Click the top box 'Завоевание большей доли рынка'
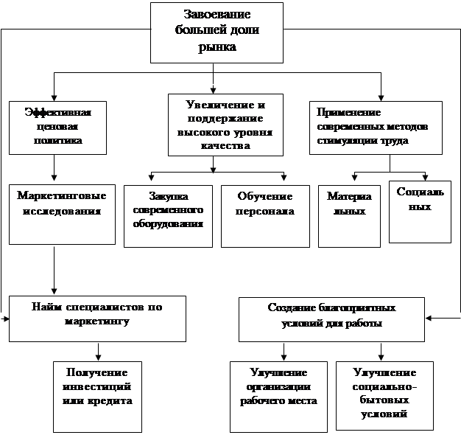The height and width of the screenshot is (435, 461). point(217,31)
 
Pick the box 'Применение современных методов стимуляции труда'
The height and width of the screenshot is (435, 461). point(376,127)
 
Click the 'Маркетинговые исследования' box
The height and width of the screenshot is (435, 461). point(62,214)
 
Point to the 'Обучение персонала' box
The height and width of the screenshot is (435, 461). point(265,215)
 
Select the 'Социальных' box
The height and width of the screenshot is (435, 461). point(420,210)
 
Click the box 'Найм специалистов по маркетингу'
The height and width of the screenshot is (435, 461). point(97,319)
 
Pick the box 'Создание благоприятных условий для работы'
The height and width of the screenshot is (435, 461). point(332,319)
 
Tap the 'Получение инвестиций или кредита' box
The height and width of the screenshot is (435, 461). point(97,396)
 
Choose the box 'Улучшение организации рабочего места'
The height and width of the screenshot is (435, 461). point(279,396)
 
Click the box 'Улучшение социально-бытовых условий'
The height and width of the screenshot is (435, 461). point(384,396)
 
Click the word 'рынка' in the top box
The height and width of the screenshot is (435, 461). point(217,47)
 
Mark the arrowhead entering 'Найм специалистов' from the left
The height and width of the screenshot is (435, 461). point(6,319)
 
